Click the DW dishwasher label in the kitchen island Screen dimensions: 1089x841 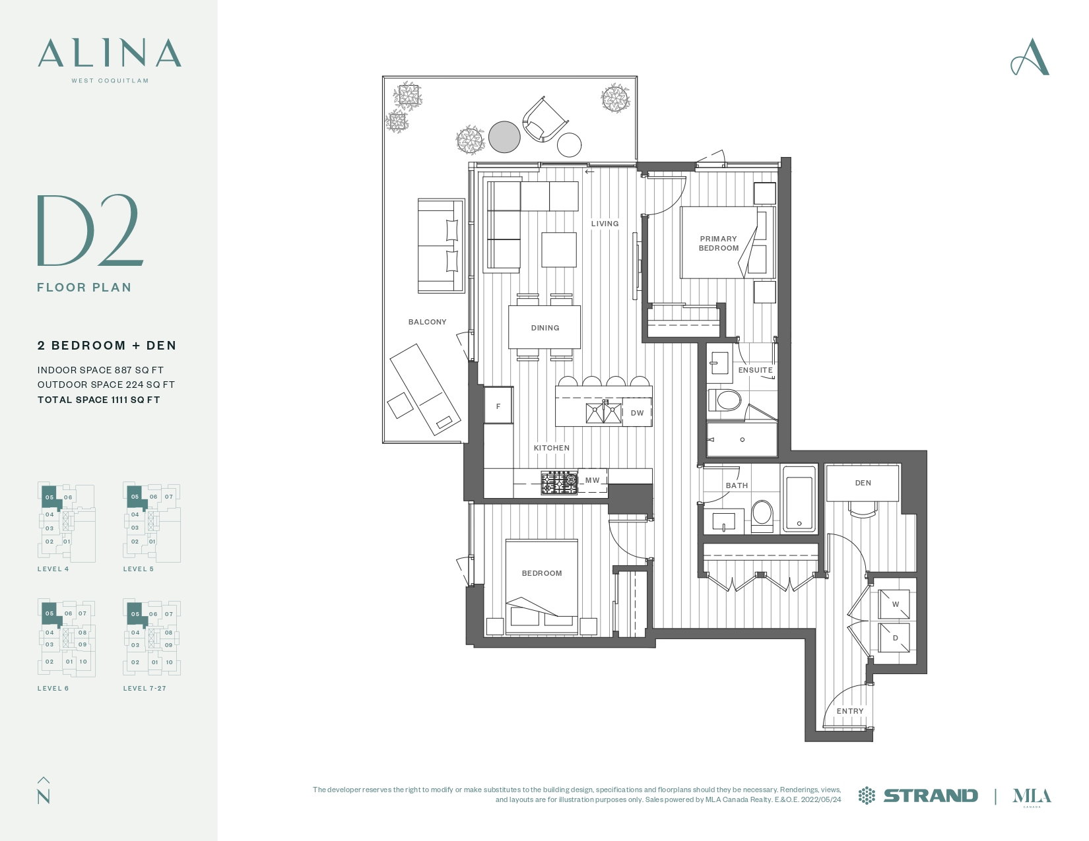point(637,413)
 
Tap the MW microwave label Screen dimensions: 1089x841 point(593,480)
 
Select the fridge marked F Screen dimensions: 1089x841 point(499,405)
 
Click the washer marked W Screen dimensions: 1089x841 point(894,604)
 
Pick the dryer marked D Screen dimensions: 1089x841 point(894,638)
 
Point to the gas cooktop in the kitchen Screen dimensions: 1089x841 point(559,483)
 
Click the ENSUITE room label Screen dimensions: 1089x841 point(755,370)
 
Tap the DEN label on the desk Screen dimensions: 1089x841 point(863,483)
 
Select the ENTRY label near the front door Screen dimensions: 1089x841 point(850,711)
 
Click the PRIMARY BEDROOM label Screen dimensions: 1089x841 point(719,243)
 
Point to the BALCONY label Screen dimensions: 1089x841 point(427,322)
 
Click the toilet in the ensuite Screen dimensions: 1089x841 point(725,400)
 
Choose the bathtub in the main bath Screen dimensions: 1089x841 point(799,497)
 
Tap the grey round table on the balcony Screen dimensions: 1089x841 point(504,137)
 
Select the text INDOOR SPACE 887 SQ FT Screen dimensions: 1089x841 point(100,370)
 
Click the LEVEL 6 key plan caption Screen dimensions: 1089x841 point(53,688)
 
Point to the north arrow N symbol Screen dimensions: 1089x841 point(44,790)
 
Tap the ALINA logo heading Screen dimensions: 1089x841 point(110,53)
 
